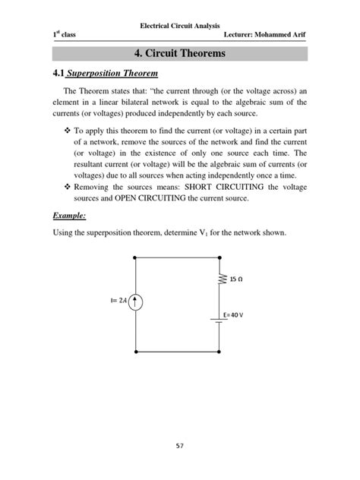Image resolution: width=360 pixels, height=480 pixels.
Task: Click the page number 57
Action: pos(180,446)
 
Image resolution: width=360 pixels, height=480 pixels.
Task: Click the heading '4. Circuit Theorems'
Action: pos(179,54)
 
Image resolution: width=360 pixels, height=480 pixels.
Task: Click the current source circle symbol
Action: pos(135,302)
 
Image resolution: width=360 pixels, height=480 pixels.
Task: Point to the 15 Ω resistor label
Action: pos(238,279)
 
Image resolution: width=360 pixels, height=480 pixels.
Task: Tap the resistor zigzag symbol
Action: pos(220,280)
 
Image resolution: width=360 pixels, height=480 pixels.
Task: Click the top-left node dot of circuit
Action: pos(135,257)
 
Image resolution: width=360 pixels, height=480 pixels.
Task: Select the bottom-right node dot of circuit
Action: pos(220,352)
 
